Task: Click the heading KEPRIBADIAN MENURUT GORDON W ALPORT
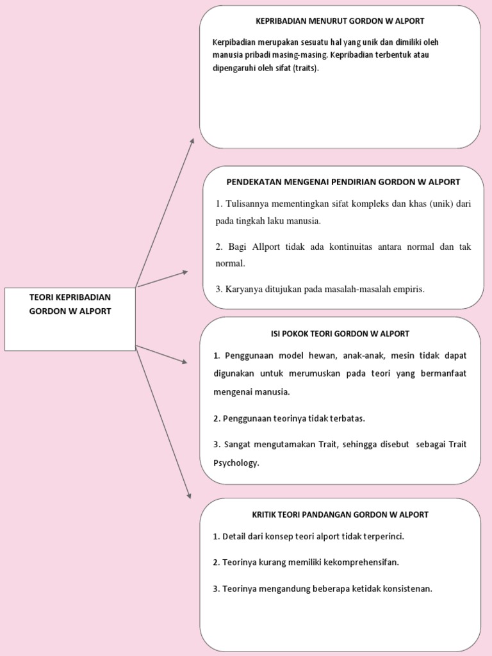340,21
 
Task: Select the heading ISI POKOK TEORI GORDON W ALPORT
340,334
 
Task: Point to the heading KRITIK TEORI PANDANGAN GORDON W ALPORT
340,514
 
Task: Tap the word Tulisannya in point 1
251,204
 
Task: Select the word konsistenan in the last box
407,589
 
